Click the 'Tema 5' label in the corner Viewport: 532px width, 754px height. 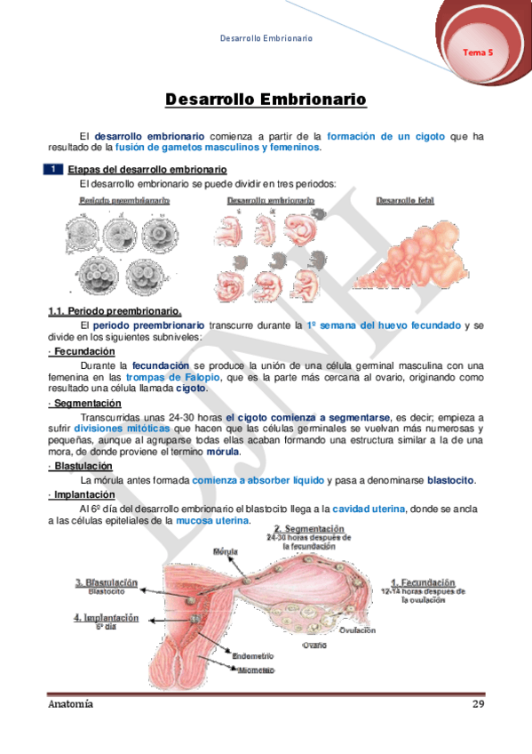pos(477,52)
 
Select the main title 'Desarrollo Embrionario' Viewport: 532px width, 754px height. pos(266,100)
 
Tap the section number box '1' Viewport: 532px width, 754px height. pos(54,169)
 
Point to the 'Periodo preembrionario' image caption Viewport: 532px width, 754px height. pos(125,201)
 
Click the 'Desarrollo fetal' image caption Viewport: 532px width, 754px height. pos(405,201)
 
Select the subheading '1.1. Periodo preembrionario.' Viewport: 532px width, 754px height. pos(115,311)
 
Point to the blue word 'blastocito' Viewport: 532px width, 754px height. pos(451,481)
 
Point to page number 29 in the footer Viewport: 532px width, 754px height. pos(477,704)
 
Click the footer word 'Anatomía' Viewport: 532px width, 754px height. pos(70,704)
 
